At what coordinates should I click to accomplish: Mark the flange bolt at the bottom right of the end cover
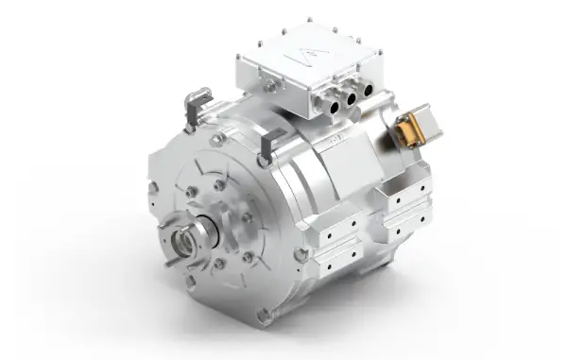click(x=301, y=254)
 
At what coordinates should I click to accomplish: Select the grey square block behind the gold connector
click(x=434, y=122)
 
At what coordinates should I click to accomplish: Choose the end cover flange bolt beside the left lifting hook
click(x=219, y=139)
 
